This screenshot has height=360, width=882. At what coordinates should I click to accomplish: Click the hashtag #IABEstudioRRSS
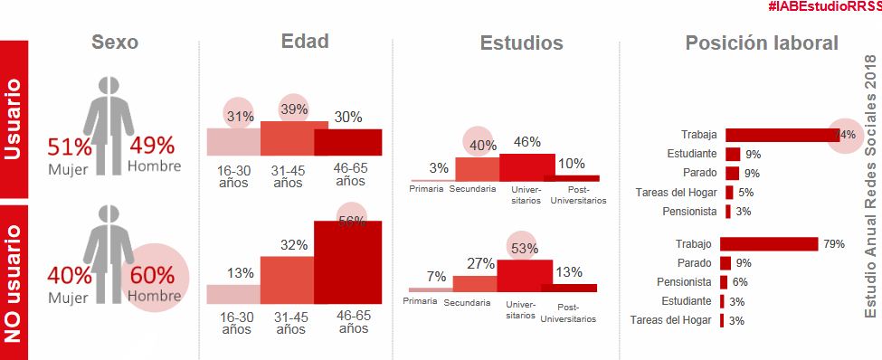coord(823,6)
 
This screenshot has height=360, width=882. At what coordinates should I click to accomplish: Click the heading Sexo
coord(115,43)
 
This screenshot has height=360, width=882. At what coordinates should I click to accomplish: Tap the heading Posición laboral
coord(762,43)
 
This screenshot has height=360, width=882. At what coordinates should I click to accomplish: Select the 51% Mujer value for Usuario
coord(71,146)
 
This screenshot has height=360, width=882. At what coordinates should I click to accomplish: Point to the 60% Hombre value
coord(155,275)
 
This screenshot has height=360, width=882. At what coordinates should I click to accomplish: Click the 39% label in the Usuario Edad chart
coord(293,109)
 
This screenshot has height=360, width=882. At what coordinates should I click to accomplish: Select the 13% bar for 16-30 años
coord(233,294)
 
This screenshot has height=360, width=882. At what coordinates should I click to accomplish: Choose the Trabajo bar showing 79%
coord(769,244)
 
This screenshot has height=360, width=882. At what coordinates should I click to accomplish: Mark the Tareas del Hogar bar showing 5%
coord(729,192)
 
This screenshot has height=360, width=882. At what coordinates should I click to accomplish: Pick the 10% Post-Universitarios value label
coord(572,164)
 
